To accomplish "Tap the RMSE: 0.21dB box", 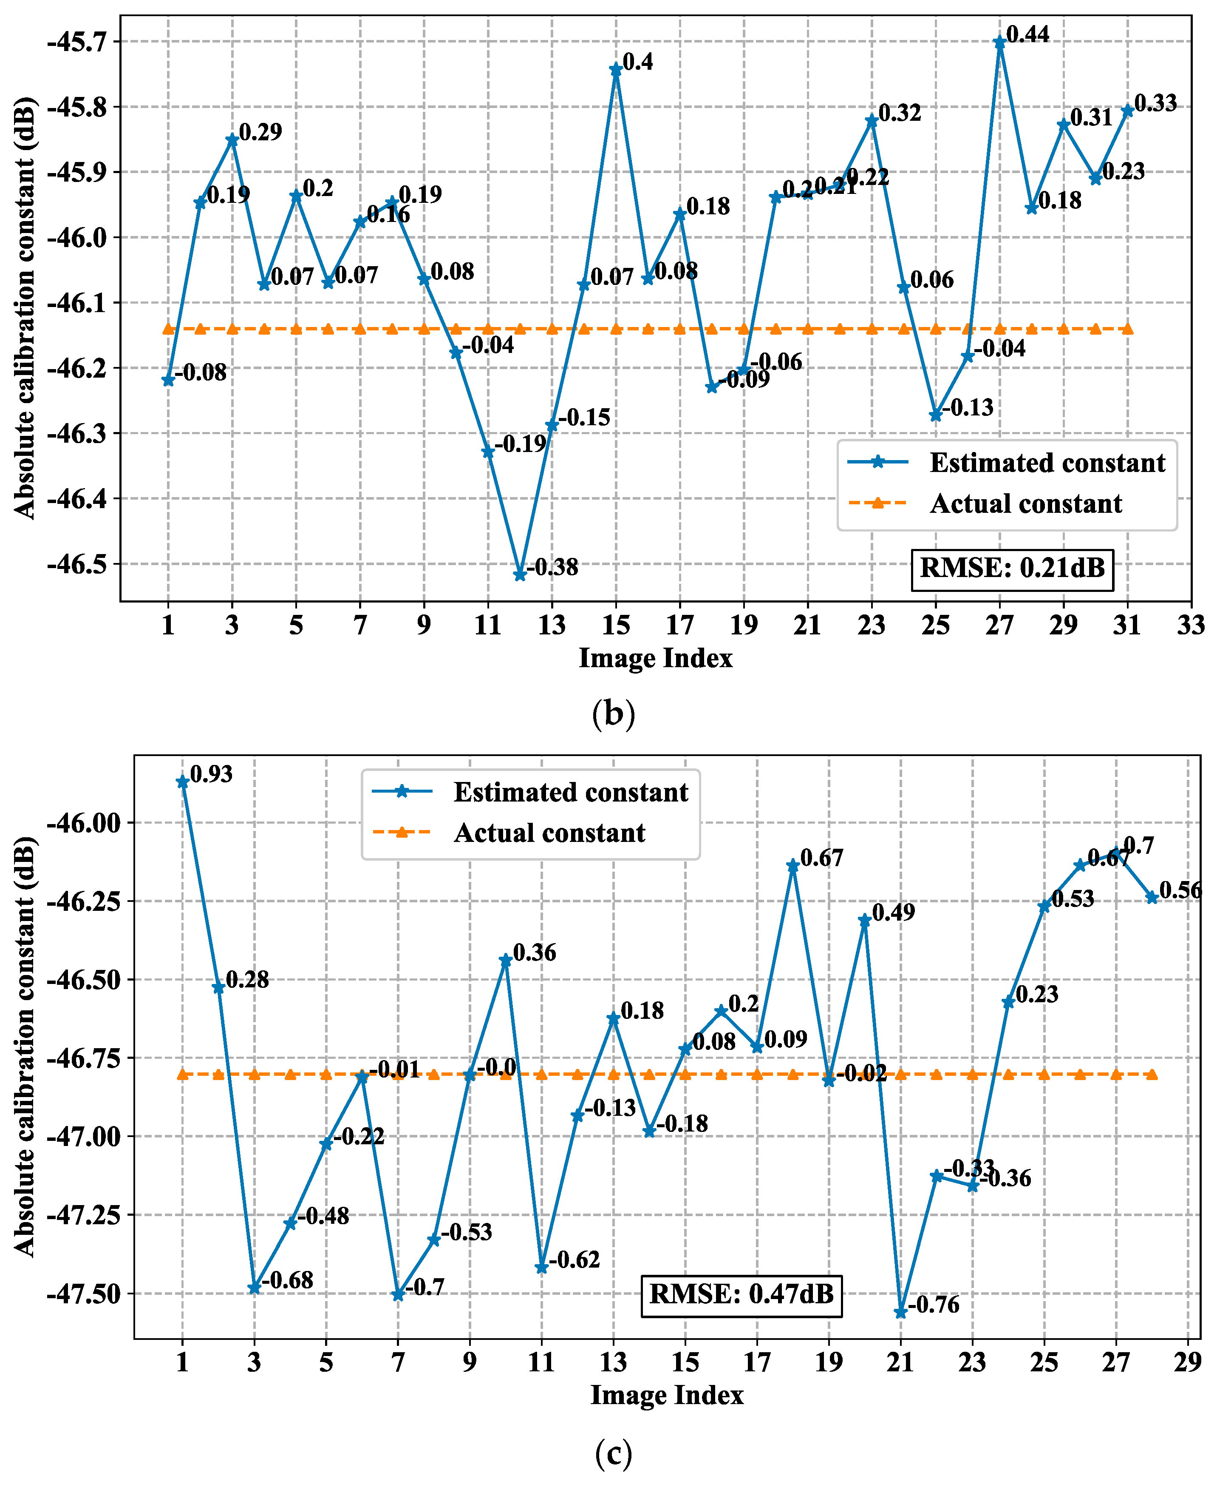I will click(x=1012, y=567).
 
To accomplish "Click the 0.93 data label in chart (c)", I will click(x=211, y=774).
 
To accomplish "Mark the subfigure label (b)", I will click(x=613, y=714).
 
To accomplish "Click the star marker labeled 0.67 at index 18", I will click(x=793, y=866).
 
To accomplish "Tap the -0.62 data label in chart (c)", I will click(x=574, y=1260).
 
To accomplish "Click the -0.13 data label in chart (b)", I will click(x=968, y=407).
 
